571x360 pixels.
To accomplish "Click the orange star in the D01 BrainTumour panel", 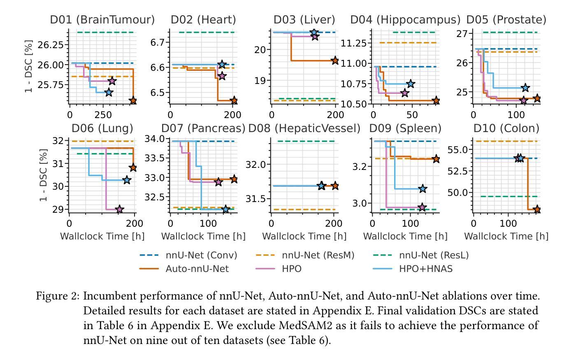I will click(x=133, y=100).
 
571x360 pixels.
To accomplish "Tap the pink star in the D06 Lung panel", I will click(x=119, y=209).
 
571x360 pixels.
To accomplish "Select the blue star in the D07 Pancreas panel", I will click(x=225, y=209).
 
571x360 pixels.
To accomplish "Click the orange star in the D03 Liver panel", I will click(x=335, y=60).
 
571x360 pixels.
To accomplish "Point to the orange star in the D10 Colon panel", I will click(x=536, y=209).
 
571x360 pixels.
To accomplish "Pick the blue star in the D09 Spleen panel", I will click(x=422, y=189).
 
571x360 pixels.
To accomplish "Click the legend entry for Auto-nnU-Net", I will click(x=197, y=269).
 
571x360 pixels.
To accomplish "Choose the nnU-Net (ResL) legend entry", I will click(x=434, y=255).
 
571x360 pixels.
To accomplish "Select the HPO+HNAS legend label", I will click(x=426, y=269).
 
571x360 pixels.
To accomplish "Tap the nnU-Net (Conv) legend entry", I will click(x=201, y=255).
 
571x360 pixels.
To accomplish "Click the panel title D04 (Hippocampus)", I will click(x=405, y=20).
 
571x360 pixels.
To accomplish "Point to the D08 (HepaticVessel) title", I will click(x=304, y=128).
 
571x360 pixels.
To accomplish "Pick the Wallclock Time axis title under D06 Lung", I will click(x=102, y=236).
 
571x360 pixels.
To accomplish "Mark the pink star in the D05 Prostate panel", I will click(x=523, y=100).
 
